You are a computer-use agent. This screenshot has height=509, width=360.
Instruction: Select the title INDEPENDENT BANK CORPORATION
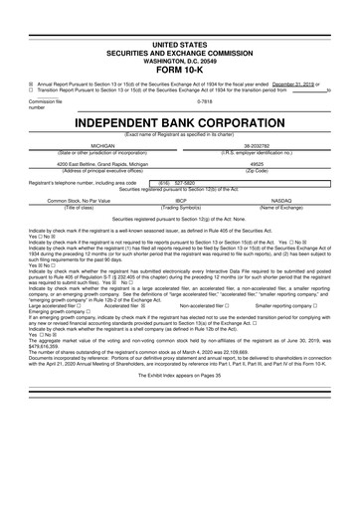pyautogui.click(x=180, y=121)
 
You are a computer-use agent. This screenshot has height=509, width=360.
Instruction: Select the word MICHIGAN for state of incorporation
pyautogui.click(x=103, y=145)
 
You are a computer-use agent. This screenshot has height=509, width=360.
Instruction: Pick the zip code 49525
pyautogui.click(x=256, y=165)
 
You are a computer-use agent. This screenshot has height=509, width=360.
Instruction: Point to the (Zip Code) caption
pyautogui.click(x=256, y=171)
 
